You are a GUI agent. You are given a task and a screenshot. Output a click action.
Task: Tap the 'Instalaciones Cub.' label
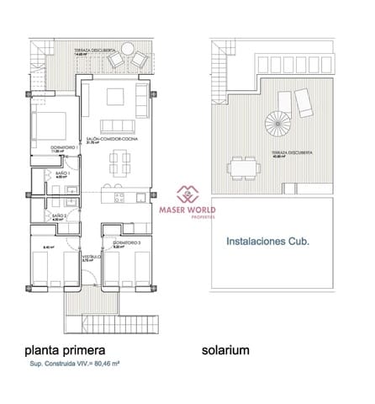(267, 241)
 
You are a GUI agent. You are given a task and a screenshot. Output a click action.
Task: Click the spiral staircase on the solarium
(275, 129)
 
